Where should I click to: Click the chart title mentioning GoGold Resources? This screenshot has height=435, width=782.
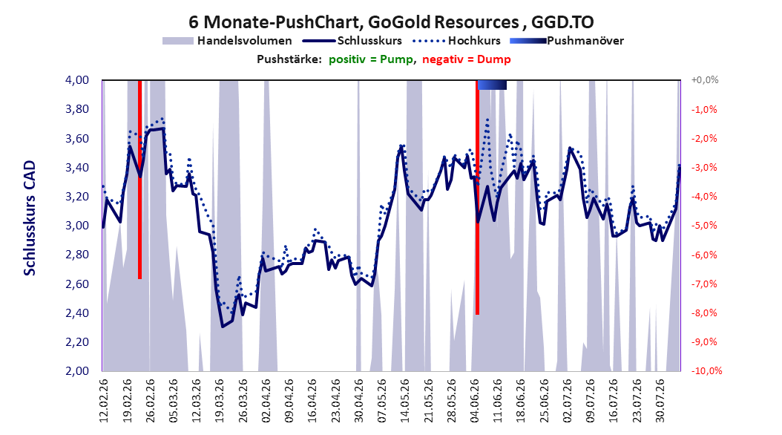[391, 22]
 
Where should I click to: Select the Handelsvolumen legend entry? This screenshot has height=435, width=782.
[228, 41]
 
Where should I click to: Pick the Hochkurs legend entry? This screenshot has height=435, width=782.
[456, 41]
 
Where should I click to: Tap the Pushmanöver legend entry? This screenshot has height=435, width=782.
[567, 41]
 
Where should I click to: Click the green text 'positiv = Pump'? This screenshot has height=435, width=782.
[371, 59]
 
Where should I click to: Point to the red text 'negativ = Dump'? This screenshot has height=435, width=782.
[467, 59]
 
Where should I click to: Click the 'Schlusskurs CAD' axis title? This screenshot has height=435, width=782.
[30, 218]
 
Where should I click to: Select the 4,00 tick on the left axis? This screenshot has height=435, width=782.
[77, 80]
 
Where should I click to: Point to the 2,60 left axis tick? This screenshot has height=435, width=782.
[77, 284]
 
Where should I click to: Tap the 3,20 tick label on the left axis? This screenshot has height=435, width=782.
[77, 197]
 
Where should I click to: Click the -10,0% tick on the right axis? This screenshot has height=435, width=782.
[706, 370]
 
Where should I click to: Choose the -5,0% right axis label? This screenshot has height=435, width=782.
[704, 226]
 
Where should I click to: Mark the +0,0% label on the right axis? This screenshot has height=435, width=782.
[705, 80]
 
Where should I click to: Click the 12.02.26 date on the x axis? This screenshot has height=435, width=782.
[104, 400]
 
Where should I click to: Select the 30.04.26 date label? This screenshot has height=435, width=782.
[358, 400]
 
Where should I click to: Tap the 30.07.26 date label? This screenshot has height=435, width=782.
[660, 400]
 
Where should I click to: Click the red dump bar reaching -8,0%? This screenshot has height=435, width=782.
[477, 197]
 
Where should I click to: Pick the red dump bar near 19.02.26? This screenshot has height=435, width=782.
[139, 179]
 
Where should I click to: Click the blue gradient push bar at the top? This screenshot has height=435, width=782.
[492, 85]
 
